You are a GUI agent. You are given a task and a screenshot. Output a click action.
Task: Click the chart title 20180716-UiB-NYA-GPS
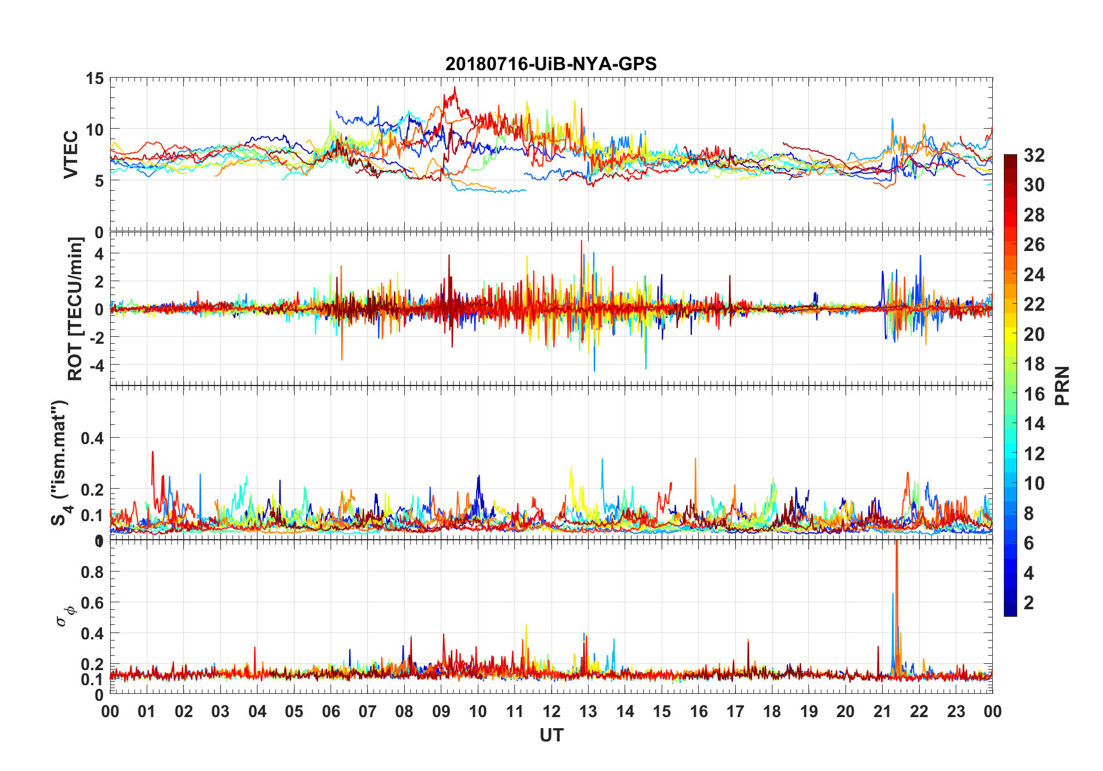(x=551, y=64)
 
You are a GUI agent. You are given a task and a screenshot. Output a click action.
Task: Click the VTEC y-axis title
(x=71, y=155)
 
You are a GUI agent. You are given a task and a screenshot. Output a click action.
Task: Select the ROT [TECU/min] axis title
(x=75, y=308)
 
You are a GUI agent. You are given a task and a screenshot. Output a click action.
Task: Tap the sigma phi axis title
(x=64, y=616)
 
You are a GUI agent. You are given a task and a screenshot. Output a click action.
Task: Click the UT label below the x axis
(x=551, y=736)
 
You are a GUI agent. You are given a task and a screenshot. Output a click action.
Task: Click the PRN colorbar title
(x=1062, y=385)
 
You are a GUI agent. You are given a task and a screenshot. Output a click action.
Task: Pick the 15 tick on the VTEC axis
(x=95, y=78)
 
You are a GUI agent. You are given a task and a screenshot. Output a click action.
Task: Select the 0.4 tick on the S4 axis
(x=92, y=438)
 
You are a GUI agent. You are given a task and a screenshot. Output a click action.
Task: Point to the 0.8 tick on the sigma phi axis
(x=92, y=572)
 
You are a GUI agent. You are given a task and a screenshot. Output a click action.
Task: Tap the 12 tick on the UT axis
(x=551, y=712)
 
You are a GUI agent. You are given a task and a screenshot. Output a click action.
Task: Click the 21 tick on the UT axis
(x=882, y=712)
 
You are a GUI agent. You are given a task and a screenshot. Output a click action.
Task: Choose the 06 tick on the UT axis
(x=331, y=712)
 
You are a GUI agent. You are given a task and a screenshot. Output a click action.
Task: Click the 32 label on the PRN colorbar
(x=1034, y=155)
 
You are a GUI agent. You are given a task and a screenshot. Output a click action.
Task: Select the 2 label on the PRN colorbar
(x=1029, y=603)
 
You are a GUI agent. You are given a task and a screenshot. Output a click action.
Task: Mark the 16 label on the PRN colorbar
(x=1034, y=394)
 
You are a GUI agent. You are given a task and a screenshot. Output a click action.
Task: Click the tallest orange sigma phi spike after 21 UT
(x=897, y=545)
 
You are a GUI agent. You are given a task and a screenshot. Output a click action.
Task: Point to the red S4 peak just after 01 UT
(x=153, y=453)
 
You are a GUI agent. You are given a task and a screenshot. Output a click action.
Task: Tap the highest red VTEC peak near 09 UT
(x=455, y=88)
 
